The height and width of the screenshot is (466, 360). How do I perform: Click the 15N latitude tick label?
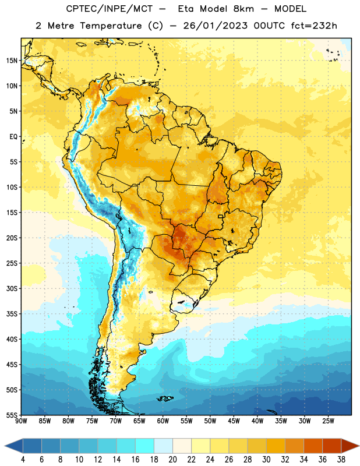click(12, 61)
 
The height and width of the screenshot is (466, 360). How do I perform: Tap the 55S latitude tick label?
click(12, 415)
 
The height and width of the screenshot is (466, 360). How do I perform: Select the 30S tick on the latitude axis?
click(12, 288)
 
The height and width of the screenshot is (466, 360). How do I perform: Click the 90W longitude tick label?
click(21, 421)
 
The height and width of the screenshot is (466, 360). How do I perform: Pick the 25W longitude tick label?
click(328, 421)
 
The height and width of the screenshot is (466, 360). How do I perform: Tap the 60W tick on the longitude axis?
click(163, 421)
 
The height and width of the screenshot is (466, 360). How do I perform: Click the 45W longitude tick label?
click(234, 421)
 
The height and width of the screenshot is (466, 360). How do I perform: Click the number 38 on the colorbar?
click(341, 460)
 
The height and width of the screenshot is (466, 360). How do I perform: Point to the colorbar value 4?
click(23, 460)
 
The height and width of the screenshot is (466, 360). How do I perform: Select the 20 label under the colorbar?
click(172, 460)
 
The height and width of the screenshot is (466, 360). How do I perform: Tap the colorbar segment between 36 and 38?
click(332, 446)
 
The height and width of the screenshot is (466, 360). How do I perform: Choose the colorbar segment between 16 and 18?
click(145, 446)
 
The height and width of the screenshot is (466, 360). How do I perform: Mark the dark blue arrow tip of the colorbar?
click(5, 446)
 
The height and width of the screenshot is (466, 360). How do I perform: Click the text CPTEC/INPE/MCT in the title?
click(109, 9)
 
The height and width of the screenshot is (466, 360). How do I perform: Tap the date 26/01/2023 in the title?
click(215, 26)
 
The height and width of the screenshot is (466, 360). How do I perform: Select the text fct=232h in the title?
click(314, 26)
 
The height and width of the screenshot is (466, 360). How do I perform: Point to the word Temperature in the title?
click(111, 26)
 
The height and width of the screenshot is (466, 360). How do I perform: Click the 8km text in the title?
click(243, 9)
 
